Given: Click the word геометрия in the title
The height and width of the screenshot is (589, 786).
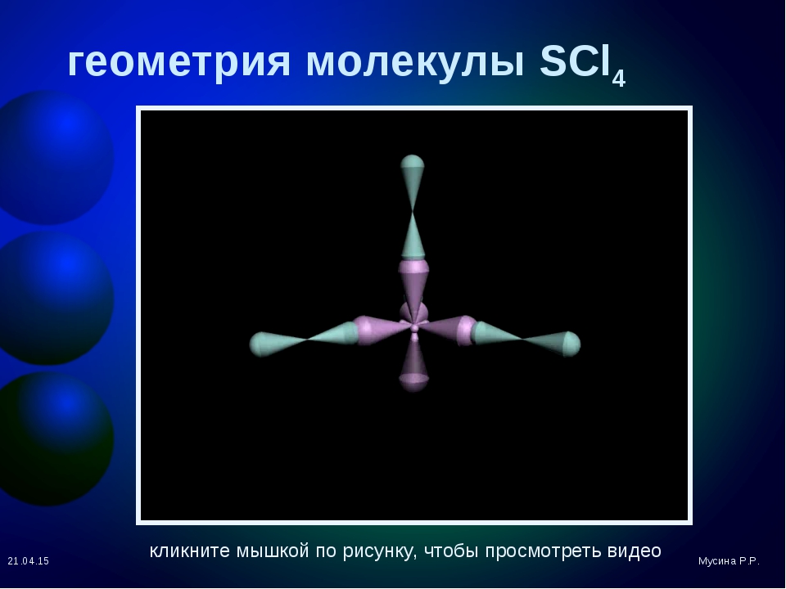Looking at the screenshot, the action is pyautogui.click(x=179, y=62).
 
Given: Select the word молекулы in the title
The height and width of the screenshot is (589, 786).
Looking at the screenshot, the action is pyautogui.click(x=416, y=62).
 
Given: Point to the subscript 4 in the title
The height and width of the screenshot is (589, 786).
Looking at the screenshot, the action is pyautogui.click(x=619, y=79).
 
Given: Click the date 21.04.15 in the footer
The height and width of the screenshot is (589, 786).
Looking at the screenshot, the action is pyautogui.click(x=29, y=561).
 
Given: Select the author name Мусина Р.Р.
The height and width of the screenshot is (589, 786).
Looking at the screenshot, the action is pyautogui.click(x=729, y=561).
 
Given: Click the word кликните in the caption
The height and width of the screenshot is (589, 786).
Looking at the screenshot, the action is pyautogui.click(x=190, y=551).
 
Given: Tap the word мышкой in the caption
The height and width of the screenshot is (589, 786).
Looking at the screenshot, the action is pyautogui.click(x=272, y=551).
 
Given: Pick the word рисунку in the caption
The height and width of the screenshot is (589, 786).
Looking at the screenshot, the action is pyautogui.click(x=380, y=551).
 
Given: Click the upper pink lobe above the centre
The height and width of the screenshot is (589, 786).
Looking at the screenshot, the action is pyautogui.click(x=413, y=286).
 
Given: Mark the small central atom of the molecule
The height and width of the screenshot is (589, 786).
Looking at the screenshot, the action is pyautogui.click(x=414, y=328).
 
